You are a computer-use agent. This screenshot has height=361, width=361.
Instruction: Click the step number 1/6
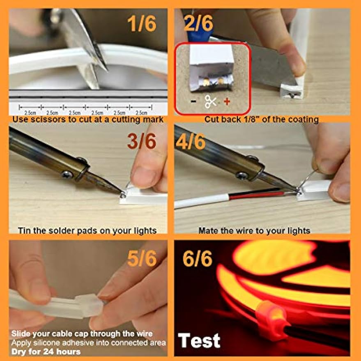coord(142,23)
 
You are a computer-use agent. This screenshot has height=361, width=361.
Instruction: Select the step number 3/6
coord(142,141)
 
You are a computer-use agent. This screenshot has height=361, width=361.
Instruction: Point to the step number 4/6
coord(191,141)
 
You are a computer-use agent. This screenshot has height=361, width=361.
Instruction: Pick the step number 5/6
coord(142,258)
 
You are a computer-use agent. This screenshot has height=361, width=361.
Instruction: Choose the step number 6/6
coord(198,258)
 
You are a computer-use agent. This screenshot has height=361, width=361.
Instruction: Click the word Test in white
coord(199,340)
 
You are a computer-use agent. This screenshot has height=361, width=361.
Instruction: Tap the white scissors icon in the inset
coord(211,101)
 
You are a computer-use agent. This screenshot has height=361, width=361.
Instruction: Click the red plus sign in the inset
coord(227,101)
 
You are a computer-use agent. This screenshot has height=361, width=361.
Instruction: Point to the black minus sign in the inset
coord(193,101)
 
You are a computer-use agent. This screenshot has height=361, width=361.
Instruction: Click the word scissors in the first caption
coord(48,120)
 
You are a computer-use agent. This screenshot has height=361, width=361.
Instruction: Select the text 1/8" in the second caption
coord(248,119)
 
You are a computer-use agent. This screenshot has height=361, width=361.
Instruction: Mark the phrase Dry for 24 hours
coord(46,352)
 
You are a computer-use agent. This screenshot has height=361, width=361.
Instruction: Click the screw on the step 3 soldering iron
coord(67,174)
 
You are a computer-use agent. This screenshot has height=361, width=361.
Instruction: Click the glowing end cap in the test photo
coord(271,320)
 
